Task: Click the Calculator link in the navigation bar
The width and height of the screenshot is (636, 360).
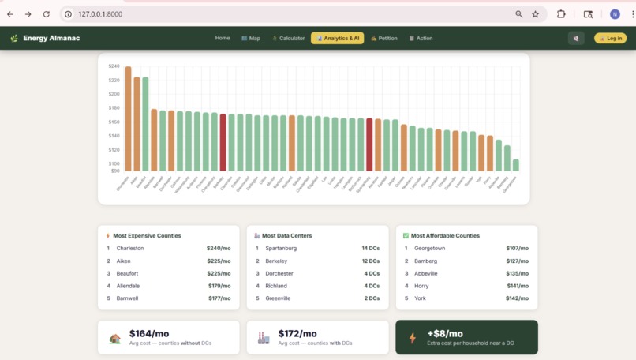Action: pos(289,38)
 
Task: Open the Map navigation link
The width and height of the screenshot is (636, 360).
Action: pos(251,38)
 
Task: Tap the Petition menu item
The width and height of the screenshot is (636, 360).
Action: pos(384,38)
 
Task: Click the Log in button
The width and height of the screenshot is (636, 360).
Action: pos(611,38)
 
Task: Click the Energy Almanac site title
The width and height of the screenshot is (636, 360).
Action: pos(51,38)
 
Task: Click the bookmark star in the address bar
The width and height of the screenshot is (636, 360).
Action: pos(536,14)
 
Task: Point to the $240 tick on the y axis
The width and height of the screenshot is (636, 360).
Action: pos(114,66)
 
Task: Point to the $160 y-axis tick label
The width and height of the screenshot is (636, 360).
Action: pos(114,122)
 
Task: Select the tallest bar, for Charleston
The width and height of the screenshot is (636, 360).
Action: pos(128,118)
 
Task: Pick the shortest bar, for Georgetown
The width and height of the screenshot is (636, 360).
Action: pos(516,165)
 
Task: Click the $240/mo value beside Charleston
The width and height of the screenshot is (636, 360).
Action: pos(219,248)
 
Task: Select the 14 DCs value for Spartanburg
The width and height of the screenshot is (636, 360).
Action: pos(371,248)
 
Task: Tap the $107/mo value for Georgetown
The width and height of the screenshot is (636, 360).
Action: pos(518,248)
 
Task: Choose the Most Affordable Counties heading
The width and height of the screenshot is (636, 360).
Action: pos(445,235)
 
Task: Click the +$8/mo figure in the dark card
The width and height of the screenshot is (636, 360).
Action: pos(445,334)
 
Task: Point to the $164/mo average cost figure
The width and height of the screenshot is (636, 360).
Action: pos(149,334)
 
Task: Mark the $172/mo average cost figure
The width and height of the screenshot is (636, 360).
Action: pos(297,334)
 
